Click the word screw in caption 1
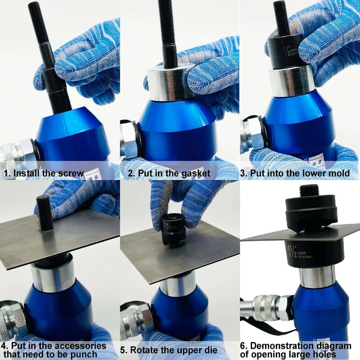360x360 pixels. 70,173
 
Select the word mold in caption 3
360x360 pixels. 339,173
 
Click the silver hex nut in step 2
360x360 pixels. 130,137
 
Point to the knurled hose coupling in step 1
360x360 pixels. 13,155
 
